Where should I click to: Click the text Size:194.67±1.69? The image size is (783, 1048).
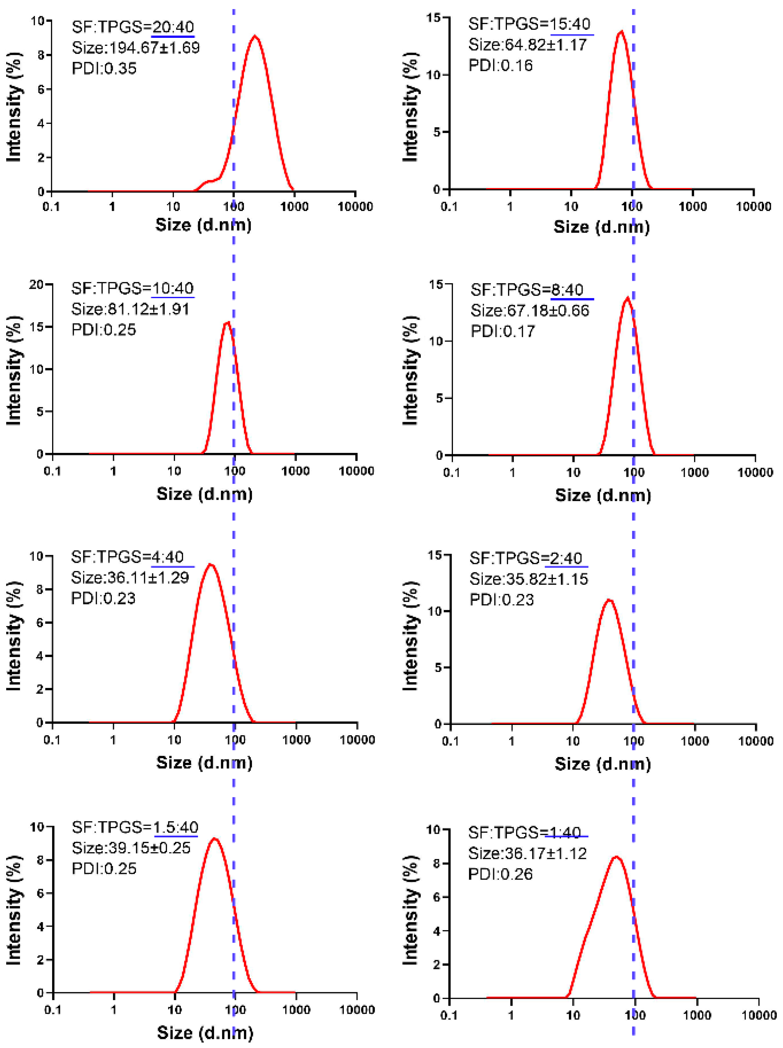[x=136, y=47]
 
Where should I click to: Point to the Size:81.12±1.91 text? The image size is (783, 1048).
[x=130, y=309]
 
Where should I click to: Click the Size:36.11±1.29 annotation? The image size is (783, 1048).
[x=130, y=577]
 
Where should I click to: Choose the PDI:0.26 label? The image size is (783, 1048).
[x=500, y=874]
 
